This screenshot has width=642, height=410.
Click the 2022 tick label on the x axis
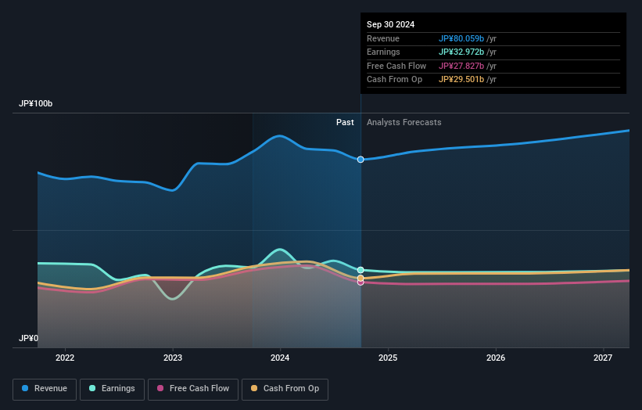pyautogui.click(x=65, y=358)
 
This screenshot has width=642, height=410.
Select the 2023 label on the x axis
pyautogui.click(x=173, y=358)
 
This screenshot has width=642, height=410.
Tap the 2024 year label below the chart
pyautogui.click(x=280, y=358)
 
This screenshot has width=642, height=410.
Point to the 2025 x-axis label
pyautogui.click(x=388, y=358)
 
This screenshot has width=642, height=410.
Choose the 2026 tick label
pyautogui.click(x=496, y=358)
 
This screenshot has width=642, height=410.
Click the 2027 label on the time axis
pyautogui.click(x=603, y=358)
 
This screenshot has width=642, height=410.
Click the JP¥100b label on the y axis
pyautogui.click(x=36, y=104)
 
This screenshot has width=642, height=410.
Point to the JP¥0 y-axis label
pyautogui.click(x=28, y=339)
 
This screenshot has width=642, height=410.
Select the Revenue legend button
pyautogui.click(x=45, y=389)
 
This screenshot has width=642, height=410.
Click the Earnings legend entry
pyautogui.click(x=112, y=389)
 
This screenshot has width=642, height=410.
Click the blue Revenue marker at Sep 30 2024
pyautogui.click(x=360, y=160)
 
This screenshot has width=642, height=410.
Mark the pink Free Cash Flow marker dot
pyautogui.click(x=360, y=282)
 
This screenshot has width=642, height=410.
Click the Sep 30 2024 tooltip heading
pyautogui.click(x=390, y=24)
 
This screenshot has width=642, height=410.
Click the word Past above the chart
pyautogui.click(x=345, y=122)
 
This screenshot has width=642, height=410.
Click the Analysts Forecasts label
pyautogui.click(x=403, y=122)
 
